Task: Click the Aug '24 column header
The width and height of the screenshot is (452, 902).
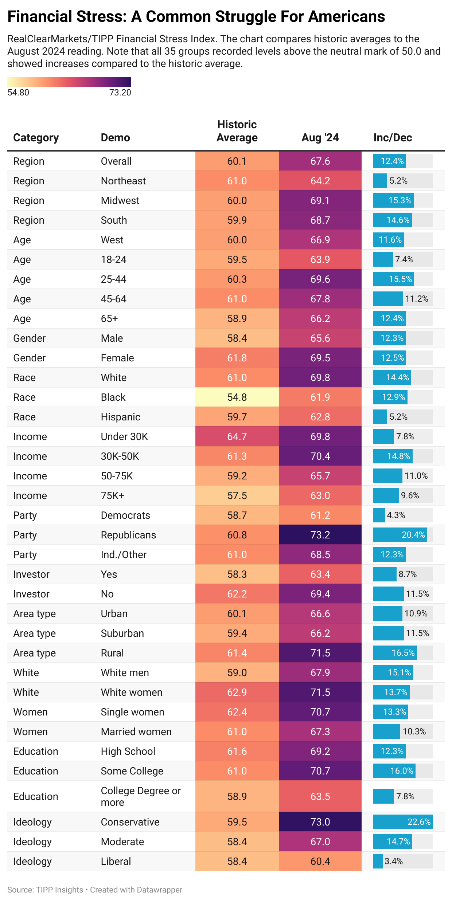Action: pos(320,138)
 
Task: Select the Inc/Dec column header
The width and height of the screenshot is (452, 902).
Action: pos(393,138)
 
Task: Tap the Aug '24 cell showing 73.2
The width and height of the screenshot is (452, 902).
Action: pos(320,535)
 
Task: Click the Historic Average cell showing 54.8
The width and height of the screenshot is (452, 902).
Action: pos(237,397)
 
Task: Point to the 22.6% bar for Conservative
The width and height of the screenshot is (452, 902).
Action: pos(403,822)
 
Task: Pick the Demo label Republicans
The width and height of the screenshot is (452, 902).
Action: pos(128,535)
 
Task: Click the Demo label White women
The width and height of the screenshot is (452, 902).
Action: pos(132,692)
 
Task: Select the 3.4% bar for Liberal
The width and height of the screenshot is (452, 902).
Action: pos(378,861)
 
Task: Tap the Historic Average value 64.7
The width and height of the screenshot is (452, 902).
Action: pos(237,436)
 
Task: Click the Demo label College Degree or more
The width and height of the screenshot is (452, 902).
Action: pos(141,796)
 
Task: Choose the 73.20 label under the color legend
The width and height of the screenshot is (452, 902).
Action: pos(120,93)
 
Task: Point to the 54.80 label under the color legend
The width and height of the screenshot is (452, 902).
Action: pos(18,93)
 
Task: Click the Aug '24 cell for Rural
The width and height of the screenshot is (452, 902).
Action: pos(320,653)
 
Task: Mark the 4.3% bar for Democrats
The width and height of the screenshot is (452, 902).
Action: pos(379,515)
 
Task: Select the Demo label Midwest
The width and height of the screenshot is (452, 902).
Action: pos(120,200)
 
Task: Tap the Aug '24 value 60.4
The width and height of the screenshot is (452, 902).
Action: pos(320,861)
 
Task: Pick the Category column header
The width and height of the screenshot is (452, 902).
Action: pos(36,138)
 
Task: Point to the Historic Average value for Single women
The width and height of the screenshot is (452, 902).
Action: pos(237,712)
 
